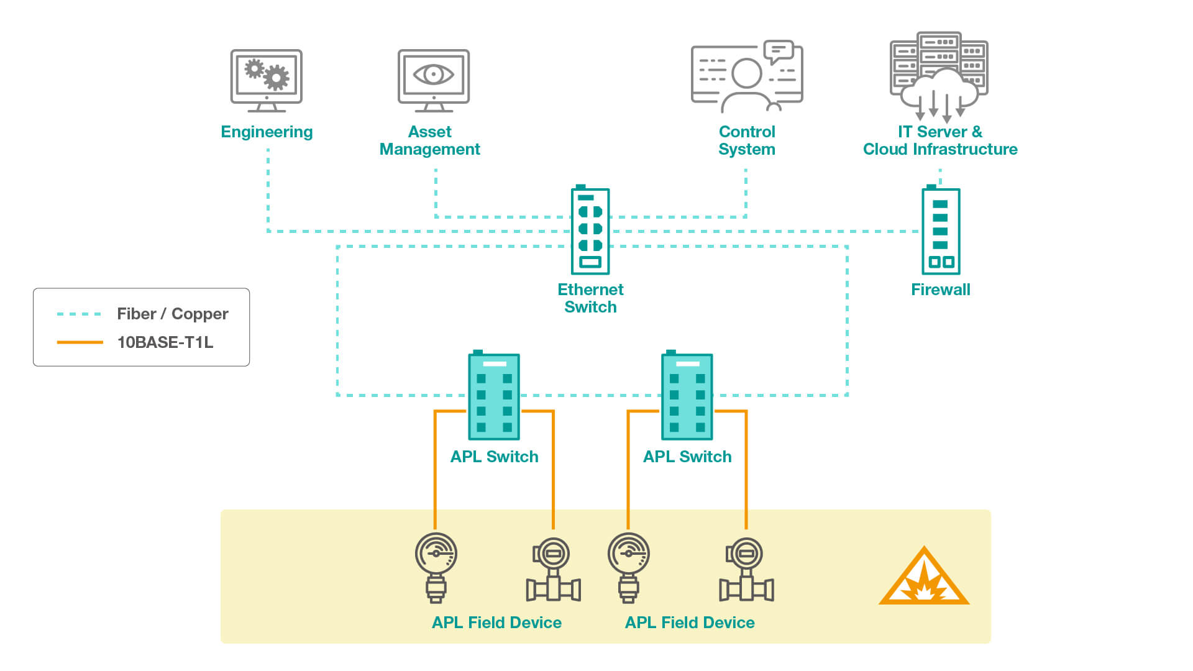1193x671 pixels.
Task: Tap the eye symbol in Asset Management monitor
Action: (x=434, y=75)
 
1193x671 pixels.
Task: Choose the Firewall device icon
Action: (x=940, y=231)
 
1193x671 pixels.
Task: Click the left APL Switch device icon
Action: (x=494, y=396)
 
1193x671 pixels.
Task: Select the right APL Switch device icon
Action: (x=687, y=396)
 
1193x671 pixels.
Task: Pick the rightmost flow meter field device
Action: (x=746, y=570)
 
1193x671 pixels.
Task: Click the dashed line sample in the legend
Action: (x=79, y=314)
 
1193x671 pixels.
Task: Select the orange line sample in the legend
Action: (x=79, y=342)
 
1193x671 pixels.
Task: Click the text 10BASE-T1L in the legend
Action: (x=165, y=342)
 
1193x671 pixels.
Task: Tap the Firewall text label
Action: (x=940, y=290)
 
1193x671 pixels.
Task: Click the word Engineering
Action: (x=267, y=132)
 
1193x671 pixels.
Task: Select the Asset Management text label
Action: (x=429, y=140)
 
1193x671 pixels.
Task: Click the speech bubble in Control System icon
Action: (x=778, y=51)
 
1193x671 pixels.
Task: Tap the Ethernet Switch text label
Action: (x=590, y=298)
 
